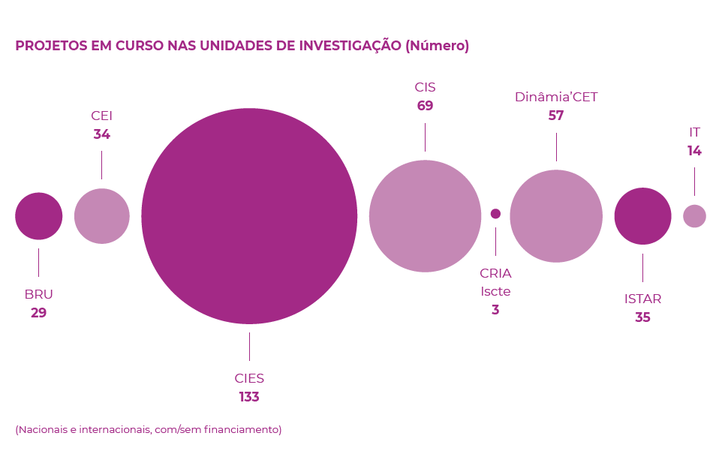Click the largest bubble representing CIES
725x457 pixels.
click(249, 216)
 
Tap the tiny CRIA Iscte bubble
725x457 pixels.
click(495, 214)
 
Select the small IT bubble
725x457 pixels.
click(694, 216)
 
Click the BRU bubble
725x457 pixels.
click(39, 216)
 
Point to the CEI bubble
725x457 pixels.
click(102, 216)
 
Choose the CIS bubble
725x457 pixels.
click(425, 216)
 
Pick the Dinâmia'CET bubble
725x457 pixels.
click(556, 216)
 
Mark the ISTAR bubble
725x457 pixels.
click(642, 216)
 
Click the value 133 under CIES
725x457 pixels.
click(249, 397)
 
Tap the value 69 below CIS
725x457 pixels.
click(425, 106)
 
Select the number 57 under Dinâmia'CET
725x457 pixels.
click(556, 116)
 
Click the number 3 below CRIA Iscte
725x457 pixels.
click(495, 309)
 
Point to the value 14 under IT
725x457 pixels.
click(694, 151)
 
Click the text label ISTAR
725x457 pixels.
click(642, 299)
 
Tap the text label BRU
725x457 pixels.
click(39, 294)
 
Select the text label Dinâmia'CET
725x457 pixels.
click(556, 97)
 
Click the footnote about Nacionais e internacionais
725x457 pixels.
click(149, 429)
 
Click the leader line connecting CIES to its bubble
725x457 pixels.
click(249, 347)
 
